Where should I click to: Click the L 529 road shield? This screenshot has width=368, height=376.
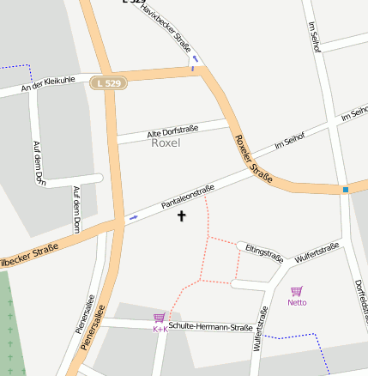coord(108,83)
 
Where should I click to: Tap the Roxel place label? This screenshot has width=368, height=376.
coord(166,143)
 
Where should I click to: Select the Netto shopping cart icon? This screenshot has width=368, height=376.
coord(297,291)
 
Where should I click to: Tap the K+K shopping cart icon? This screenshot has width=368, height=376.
coord(159,318)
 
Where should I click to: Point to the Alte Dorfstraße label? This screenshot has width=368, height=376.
coord(172,130)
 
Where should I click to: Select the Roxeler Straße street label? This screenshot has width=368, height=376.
coord(253,160)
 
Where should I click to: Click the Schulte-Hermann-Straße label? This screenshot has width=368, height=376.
coord(210,326)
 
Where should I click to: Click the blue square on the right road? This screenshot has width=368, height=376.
coord(346,189)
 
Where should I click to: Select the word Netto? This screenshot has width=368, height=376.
coord(297,302)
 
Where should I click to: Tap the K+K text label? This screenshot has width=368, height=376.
coord(159,329)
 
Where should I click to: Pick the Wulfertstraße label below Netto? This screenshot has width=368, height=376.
coord(261,331)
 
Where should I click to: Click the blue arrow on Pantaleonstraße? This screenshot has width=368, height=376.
coord(133,218)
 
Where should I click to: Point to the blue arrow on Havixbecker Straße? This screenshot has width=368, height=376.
coord(195,58)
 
